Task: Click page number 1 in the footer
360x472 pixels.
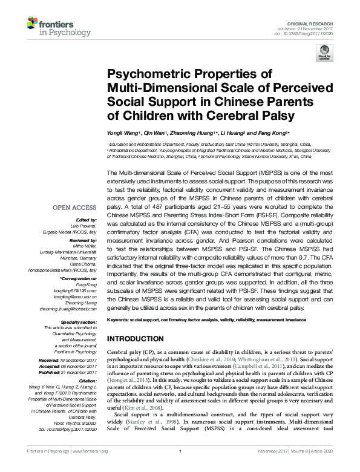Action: [180, 468]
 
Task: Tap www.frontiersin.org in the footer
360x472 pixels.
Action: [89, 468]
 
